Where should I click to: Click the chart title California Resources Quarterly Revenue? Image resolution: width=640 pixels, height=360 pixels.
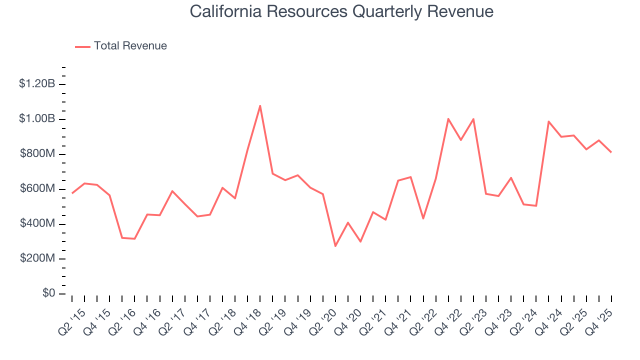click(341, 11)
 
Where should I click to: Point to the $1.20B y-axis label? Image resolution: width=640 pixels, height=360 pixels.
click(37, 84)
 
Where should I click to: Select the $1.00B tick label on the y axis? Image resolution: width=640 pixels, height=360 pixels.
click(37, 119)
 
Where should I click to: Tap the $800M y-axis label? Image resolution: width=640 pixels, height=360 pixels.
click(37, 154)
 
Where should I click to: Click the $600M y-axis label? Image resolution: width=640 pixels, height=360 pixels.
click(37, 189)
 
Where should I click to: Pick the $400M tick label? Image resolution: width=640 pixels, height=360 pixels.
click(37, 224)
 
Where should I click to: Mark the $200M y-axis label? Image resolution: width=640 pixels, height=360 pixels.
click(37, 259)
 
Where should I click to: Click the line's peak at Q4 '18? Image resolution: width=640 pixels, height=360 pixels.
click(260, 105)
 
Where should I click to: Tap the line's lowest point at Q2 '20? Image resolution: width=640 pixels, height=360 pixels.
click(335, 246)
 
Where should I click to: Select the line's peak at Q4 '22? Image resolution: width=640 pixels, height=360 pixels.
click(448, 119)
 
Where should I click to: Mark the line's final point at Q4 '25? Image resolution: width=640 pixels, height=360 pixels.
click(611, 152)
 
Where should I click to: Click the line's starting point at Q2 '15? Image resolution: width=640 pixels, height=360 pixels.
click(72, 193)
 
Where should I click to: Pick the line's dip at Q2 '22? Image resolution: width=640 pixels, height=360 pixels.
click(423, 218)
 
